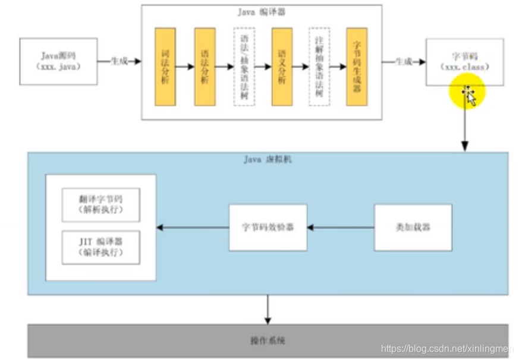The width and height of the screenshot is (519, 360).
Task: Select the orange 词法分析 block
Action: point(165,66)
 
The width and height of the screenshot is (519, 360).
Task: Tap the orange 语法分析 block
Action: point(205,66)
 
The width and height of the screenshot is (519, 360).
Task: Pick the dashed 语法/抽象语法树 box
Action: point(244,66)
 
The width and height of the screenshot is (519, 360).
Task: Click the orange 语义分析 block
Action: point(282,66)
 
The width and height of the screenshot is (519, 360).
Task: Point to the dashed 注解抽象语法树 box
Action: point(319,66)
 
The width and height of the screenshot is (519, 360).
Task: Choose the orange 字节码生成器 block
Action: point(357,66)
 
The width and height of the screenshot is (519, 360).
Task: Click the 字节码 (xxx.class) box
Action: point(465,62)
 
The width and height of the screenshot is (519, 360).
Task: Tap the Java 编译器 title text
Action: point(262,12)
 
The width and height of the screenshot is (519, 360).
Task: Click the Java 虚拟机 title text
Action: point(268,159)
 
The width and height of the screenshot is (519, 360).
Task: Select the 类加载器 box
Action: point(413,228)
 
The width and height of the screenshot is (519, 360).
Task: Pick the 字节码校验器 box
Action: point(268,228)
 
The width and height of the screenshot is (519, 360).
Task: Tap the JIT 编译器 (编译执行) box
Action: point(100,247)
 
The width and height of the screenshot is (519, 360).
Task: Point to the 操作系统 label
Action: point(268,340)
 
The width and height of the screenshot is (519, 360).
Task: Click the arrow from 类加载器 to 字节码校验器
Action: point(341,228)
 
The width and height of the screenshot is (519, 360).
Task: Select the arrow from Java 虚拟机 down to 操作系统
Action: point(268,309)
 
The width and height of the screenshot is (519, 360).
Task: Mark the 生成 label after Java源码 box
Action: point(120,61)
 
